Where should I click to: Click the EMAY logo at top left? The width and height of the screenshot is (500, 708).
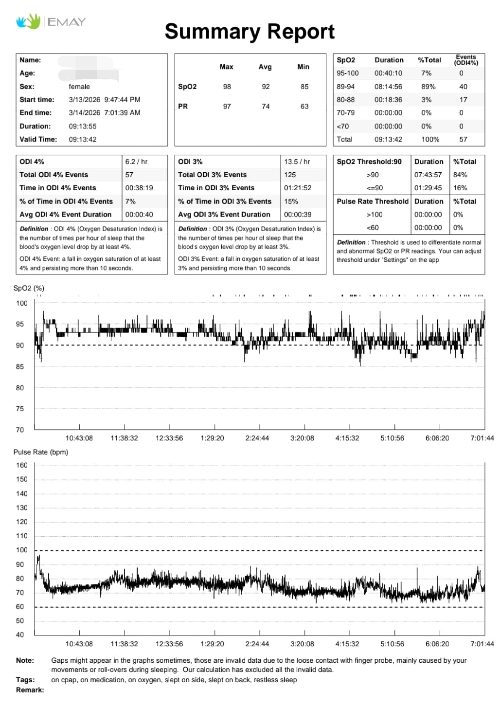click(x=51, y=21)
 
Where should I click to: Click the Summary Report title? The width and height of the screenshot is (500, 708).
click(x=250, y=32)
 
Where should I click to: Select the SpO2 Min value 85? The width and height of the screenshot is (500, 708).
click(x=304, y=87)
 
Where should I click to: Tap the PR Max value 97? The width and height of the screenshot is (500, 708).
click(x=227, y=107)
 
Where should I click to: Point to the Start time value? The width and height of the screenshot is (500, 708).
click(x=104, y=100)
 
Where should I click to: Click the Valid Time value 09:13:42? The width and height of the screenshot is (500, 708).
click(x=82, y=139)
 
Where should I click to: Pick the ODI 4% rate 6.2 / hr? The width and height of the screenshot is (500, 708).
click(x=136, y=162)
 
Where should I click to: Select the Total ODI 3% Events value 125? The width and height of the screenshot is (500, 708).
click(x=290, y=175)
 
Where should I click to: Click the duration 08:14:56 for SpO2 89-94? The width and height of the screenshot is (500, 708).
click(x=388, y=87)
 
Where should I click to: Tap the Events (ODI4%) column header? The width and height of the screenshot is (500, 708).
click(x=465, y=60)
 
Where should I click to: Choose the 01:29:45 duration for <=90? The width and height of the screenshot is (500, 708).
click(x=428, y=188)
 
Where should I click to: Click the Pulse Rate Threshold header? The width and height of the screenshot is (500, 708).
click(x=373, y=201)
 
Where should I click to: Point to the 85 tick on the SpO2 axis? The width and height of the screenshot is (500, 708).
click(x=19, y=366)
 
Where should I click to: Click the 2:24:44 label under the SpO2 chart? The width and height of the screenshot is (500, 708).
click(x=257, y=438)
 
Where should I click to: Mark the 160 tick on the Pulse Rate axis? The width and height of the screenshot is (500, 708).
click(x=21, y=465)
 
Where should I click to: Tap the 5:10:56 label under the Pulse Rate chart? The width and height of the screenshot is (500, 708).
click(x=392, y=644)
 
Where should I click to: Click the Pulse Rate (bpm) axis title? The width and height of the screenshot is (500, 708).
click(x=40, y=452)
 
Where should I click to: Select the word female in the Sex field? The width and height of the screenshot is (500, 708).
click(x=79, y=87)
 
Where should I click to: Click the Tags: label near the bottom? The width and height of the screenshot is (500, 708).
click(x=25, y=680)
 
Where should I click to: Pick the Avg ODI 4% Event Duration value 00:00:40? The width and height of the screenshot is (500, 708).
click(x=139, y=215)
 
